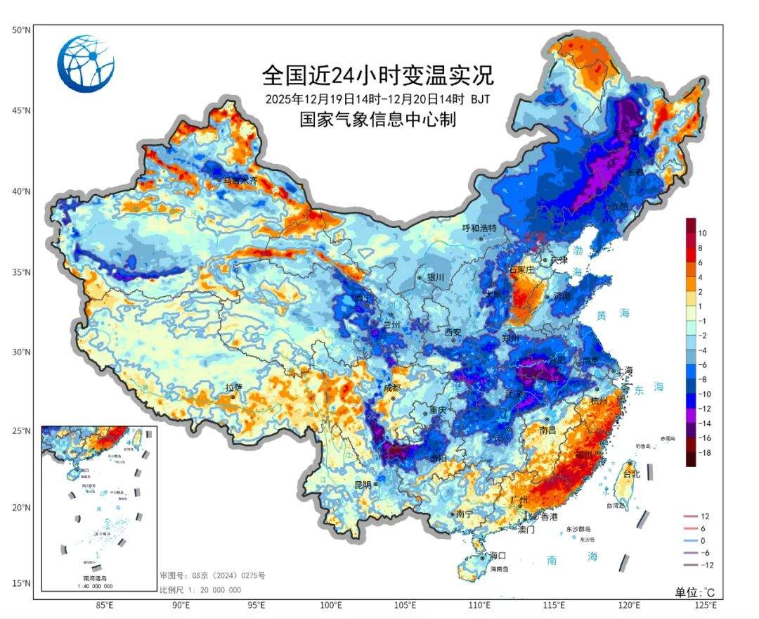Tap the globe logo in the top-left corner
pyautogui.click(x=86, y=64)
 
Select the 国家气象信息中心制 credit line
pyautogui.click(x=378, y=120)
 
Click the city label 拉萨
pyautogui.click(x=233, y=388)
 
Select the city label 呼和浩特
pyautogui.click(x=479, y=229)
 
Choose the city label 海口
pyautogui.click(x=498, y=556)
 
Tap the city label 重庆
pyautogui.click(x=439, y=410)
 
